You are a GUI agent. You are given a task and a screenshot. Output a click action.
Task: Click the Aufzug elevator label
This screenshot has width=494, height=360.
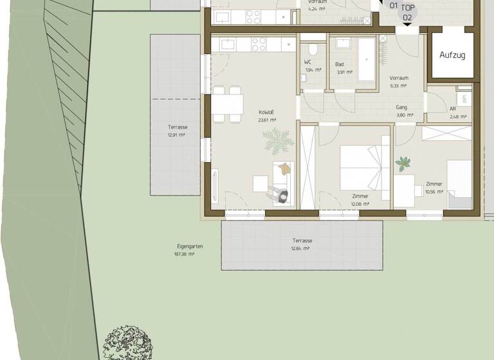pos(452,55)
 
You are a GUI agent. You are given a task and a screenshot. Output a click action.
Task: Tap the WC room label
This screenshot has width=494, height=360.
pos(307,62)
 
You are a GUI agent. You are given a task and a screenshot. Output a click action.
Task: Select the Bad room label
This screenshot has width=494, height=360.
pos(339,64)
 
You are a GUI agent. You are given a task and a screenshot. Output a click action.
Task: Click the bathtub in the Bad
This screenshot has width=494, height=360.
pos(367,59)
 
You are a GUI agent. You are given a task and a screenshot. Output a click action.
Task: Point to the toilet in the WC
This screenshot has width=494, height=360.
pos(313,49)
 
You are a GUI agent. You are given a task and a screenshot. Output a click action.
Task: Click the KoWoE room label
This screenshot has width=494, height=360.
pos(267,112)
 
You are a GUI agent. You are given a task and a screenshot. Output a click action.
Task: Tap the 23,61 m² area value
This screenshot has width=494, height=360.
pos(267,120)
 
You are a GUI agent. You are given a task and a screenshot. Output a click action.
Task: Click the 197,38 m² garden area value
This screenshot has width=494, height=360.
pos(184,255)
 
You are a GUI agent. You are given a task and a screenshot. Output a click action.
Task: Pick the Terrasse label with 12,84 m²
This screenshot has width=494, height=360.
pos(301,240)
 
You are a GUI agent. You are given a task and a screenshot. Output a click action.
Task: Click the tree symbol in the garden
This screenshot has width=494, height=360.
pos(128,342)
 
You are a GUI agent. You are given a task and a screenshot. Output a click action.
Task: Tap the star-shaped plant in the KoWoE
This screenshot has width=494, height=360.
pos(278,140)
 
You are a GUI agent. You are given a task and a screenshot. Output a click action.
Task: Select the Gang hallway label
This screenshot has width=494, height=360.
pos(401,107)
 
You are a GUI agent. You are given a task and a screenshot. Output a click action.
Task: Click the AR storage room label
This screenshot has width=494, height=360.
pos(452,109)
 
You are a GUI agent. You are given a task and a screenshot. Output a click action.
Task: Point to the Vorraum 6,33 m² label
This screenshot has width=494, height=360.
pos(398,78)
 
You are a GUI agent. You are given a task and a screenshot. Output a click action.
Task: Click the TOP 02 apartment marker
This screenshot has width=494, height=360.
pos(407,13)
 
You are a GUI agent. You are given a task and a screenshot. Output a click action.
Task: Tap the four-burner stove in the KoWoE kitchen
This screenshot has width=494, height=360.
pos(259,44)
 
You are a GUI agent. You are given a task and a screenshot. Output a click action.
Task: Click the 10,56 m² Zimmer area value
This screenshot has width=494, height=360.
pos(434,192)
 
